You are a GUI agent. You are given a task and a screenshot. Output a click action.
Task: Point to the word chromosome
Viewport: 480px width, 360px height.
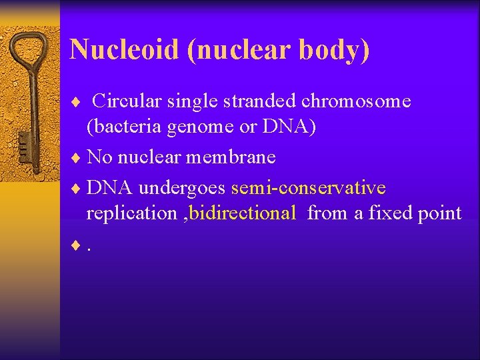coord(356,101)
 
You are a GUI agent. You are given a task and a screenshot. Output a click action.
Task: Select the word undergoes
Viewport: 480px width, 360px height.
coord(183,188)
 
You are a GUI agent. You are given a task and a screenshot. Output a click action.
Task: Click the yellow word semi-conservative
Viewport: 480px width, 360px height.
coord(308,188)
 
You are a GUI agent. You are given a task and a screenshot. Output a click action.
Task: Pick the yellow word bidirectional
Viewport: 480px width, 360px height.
coord(243,213)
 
